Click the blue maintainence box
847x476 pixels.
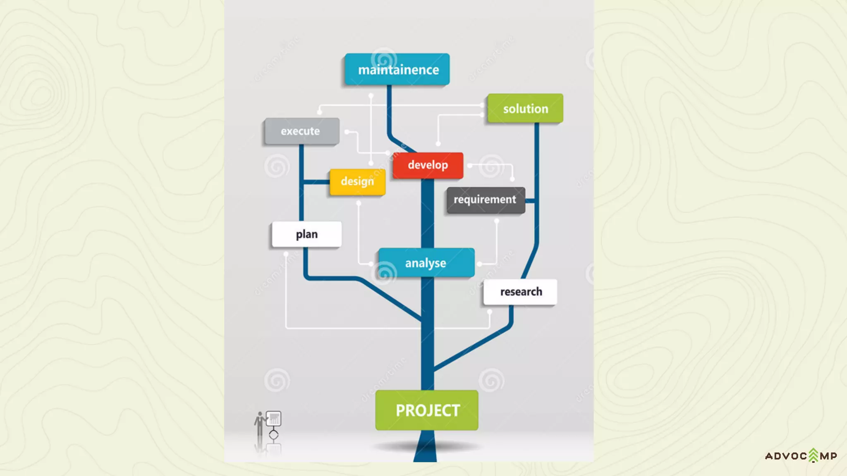coord(397,69)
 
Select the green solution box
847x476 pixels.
coord(525,108)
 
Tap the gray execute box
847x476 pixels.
coord(301,131)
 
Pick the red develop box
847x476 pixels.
coord(428,165)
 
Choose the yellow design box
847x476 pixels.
coord(357,182)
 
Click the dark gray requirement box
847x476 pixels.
coord(486,200)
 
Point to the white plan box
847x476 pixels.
coord(306,234)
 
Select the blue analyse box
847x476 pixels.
coord(426,263)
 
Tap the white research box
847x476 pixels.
coord(520,292)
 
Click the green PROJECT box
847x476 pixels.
coord(427,410)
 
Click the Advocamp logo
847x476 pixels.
coord(801,456)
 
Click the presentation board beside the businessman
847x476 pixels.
coord(274,419)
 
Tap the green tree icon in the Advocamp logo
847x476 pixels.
coord(814,455)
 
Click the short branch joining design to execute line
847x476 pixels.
coord(316,182)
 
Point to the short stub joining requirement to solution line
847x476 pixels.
coord(530,201)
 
